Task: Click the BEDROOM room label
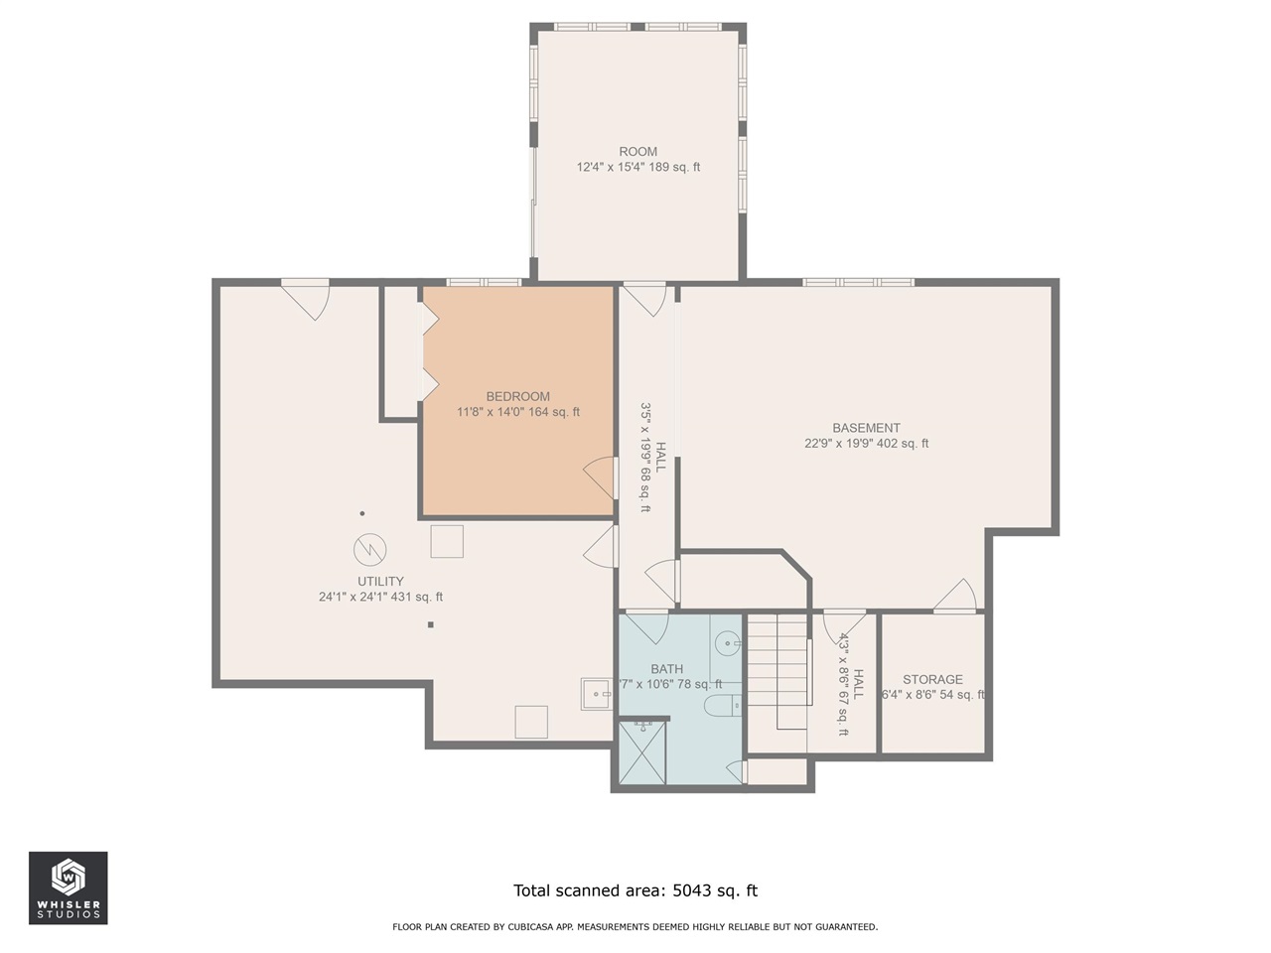(517, 396)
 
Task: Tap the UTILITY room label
(380, 582)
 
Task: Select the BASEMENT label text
(866, 428)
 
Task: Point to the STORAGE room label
(932, 680)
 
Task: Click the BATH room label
(666, 669)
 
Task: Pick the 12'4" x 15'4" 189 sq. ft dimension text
(637, 168)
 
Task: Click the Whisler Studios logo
(68, 887)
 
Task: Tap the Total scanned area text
(635, 890)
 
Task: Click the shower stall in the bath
(641, 753)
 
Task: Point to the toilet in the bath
(721, 706)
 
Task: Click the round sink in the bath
(729, 643)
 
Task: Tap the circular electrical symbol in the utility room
(369, 548)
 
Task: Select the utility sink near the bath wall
(596, 694)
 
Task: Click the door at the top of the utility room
(306, 298)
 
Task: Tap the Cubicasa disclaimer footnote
(635, 927)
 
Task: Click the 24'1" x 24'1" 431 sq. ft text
(380, 598)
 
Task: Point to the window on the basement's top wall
(858, 282)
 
